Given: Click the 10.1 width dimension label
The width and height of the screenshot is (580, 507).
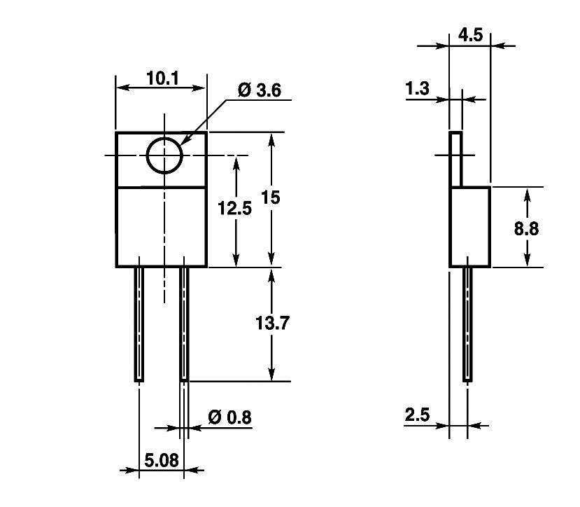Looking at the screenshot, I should tap(163, 78).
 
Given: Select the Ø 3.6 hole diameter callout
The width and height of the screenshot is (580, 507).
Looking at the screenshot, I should tap(259, 90).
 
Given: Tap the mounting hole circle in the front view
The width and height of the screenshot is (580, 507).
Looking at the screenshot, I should tap(164, 155).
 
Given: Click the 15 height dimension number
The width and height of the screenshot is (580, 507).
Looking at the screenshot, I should tap(270, 197).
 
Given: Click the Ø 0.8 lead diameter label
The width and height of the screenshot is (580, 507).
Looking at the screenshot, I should tap(229, 417).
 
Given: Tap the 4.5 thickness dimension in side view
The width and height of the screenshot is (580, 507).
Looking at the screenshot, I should tap(470, 35).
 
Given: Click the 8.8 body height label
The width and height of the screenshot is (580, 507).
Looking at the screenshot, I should tap(526, 228).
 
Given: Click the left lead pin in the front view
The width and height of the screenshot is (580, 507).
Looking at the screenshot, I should tap(139, 324).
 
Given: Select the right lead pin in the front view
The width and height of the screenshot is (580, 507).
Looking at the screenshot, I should tap(184, 324).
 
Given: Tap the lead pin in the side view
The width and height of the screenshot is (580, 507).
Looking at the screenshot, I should tap(467, 324).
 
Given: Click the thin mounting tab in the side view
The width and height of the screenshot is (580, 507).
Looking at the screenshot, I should tap(455, 159).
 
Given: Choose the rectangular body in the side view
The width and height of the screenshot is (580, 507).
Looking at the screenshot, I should tap(469, 227).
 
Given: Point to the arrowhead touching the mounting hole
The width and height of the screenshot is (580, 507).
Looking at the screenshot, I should tap(184, 143).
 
